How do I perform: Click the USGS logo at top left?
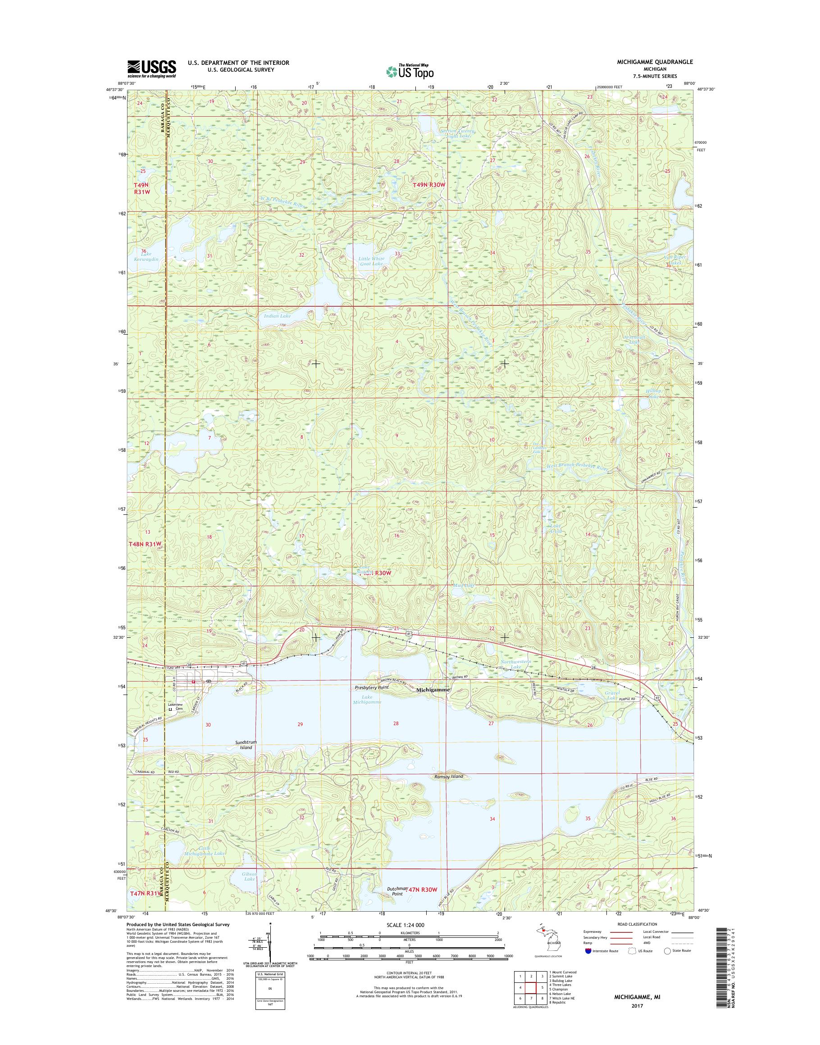(151, 68)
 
